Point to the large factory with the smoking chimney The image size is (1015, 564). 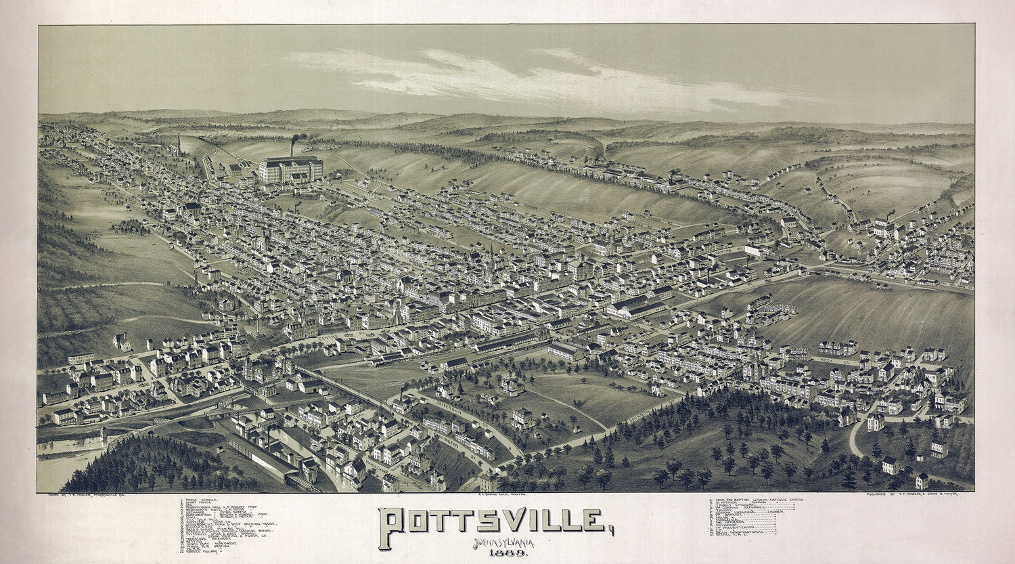(290, 170)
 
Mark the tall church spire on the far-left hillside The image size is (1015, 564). (179, 144)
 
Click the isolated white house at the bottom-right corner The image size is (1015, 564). (922, 481)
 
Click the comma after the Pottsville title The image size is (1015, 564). (610, 531)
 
